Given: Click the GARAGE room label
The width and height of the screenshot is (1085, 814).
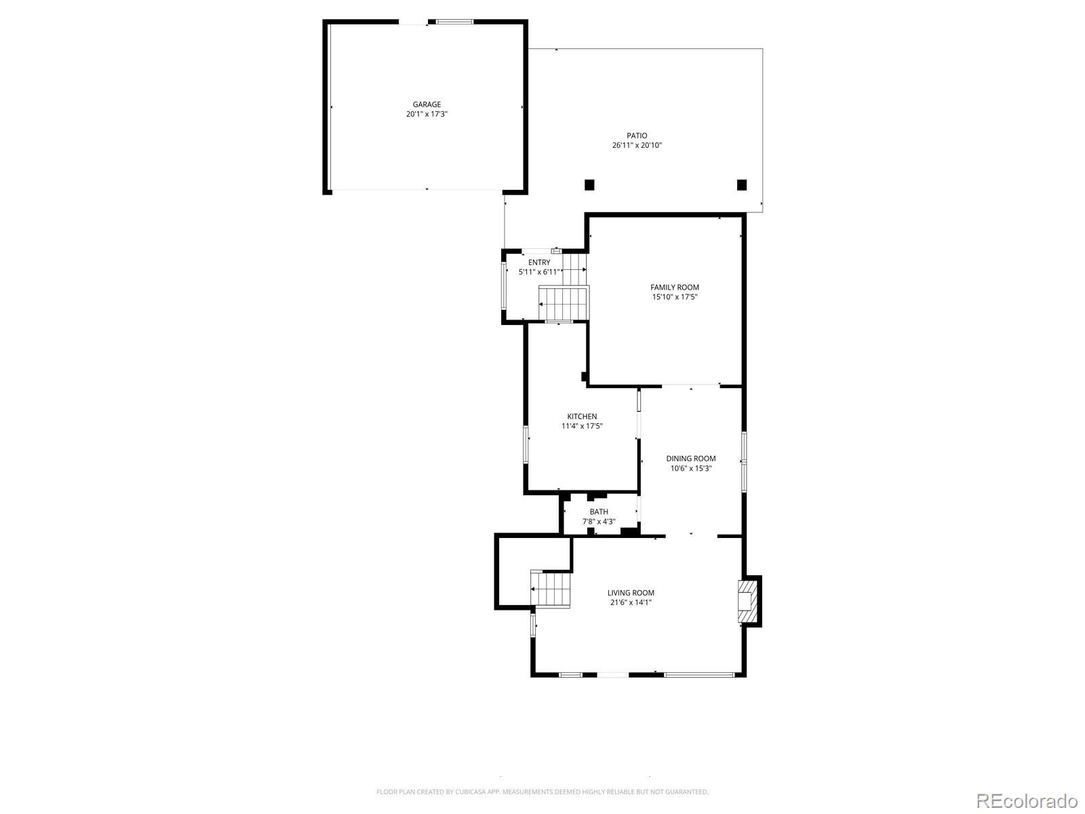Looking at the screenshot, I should point(427,104).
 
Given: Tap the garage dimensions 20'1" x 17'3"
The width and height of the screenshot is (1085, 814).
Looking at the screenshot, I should point(427,115).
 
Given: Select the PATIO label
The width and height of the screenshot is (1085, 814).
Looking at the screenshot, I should point(636,136).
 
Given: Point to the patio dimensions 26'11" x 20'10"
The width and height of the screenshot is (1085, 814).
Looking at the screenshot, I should point(636,145).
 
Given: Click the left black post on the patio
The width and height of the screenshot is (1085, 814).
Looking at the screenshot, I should point(589,185).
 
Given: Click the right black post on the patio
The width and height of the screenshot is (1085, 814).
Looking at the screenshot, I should point(742,185).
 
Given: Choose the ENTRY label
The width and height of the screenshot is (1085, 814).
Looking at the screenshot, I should point(539,263).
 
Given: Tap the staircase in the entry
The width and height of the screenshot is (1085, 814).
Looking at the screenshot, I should point(564,303).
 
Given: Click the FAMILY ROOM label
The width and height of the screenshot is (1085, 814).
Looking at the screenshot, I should point(674,288).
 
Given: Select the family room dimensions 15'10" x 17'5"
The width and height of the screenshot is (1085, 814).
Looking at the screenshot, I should point(674,297).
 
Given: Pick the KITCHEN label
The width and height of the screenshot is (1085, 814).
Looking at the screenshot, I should point(582,416).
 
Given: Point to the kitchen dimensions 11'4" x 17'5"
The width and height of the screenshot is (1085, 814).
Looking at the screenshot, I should point(582,427).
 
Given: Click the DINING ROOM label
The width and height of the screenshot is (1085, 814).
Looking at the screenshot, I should point(690,459).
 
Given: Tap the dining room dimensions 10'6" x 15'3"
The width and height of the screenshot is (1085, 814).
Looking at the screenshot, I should point(690,468).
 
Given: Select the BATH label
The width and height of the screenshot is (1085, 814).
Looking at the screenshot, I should point(599,512).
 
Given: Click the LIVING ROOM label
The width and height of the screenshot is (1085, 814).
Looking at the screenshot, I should point(631,593).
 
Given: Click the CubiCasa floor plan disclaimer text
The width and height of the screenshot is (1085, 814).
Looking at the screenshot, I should point(542,792).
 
